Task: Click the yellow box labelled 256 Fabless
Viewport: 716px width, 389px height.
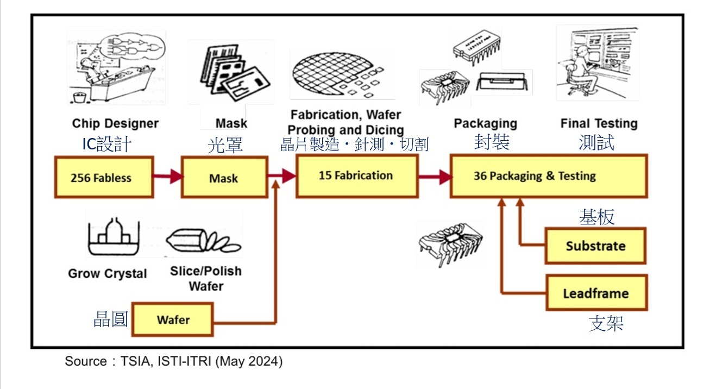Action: point(104,177)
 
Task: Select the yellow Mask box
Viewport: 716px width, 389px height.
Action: point(224,178)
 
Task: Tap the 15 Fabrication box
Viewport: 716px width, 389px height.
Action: point(356,175)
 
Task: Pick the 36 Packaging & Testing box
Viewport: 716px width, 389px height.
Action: point(548,176)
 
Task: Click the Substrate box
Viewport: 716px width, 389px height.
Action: point(595,246)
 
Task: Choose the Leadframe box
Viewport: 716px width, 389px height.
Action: point(596,293)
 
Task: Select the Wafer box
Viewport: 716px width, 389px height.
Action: point(173,319)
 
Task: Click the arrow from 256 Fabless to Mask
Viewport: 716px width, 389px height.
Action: point(167,176)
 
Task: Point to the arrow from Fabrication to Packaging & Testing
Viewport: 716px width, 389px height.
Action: point(434,176)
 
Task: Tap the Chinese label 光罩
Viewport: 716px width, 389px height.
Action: point(224,145)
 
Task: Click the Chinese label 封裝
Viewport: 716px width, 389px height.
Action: point(492,142)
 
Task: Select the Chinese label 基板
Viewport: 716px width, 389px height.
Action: point(596,217)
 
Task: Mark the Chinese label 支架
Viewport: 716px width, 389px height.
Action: point(606,323)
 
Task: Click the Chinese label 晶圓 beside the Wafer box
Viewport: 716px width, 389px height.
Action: point(111,319)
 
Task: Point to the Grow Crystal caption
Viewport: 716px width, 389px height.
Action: point(108,273)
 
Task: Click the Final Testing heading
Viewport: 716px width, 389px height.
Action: point(599,124)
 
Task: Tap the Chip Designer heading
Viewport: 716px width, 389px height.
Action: point(115,124)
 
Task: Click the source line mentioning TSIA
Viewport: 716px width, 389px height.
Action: point(174,361)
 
